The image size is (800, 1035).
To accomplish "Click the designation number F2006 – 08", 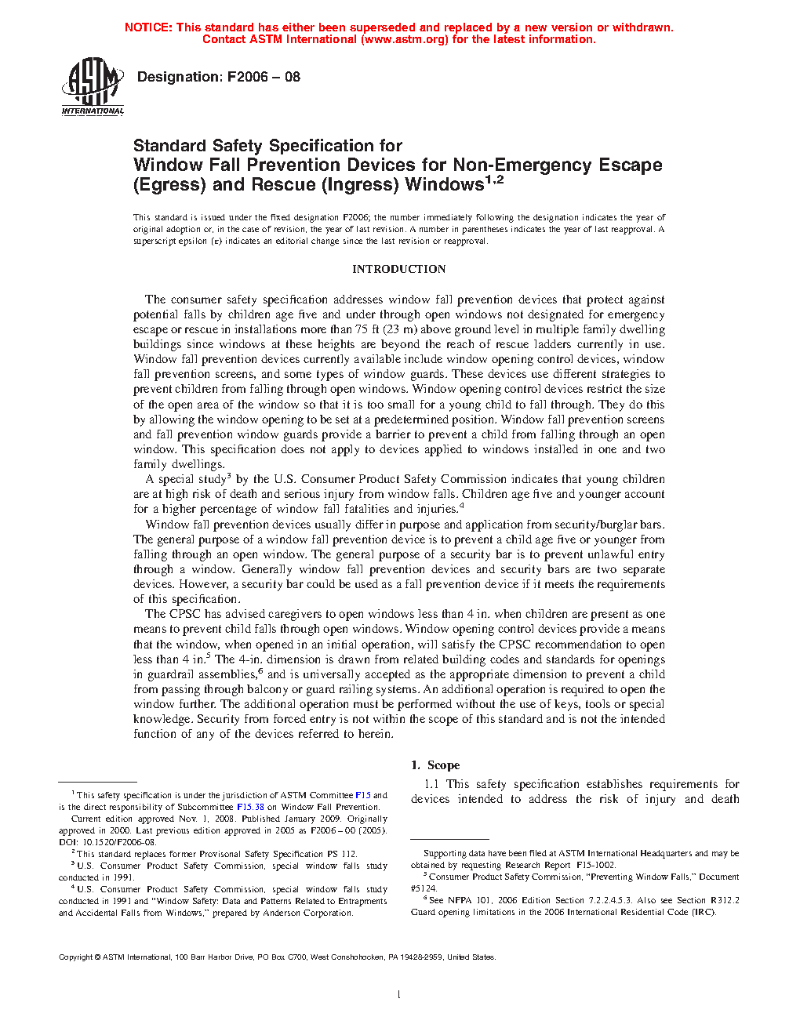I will [x=264, y=77].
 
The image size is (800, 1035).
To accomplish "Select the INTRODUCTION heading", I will [x=398, y=269].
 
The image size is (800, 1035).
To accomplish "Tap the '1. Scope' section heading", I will [x=435, y=765].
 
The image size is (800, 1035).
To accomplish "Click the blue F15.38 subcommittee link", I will [x=250, y=807].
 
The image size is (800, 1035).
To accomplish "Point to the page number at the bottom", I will [x=399, y=994].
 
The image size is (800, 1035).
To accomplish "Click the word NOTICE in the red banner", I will [x=148, y=27].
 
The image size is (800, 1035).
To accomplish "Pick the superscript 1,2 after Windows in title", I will [x=494, y=180].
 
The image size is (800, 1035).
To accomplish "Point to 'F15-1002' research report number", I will [x=595, y=865].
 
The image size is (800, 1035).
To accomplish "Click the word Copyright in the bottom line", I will [x=76, y=957].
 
